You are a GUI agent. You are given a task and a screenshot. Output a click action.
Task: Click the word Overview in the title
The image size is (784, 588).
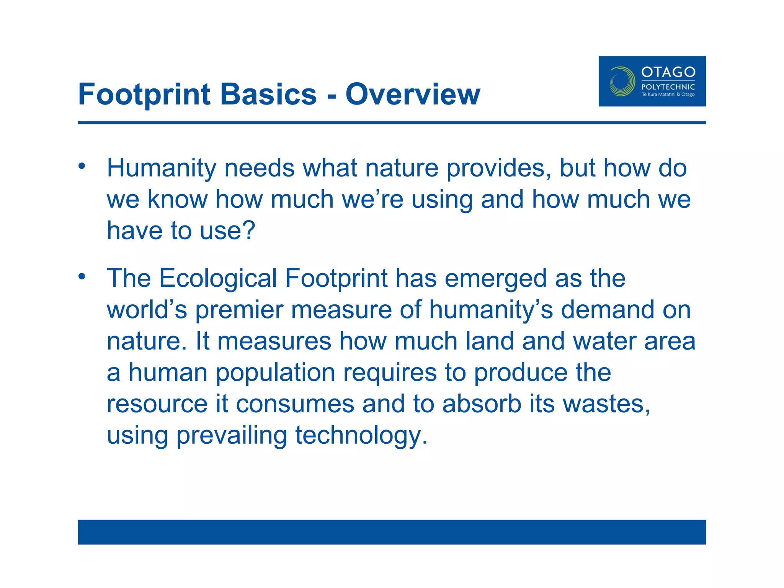(412, 94)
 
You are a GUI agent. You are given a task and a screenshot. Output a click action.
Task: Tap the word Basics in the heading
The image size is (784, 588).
(268, 94)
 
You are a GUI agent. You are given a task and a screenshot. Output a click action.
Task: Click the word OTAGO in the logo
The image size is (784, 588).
(668, 72)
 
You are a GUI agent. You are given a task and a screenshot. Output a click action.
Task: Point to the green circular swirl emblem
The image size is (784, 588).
(622, 81)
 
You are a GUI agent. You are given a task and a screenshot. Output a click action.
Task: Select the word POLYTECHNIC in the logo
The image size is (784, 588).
(668, 87)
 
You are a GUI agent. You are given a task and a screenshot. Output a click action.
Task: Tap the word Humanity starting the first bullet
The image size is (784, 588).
(162, 168)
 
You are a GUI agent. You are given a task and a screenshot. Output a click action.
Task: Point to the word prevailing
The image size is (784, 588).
(231, 436)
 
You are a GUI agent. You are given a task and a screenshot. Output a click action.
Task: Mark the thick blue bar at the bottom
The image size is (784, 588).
(392, 532)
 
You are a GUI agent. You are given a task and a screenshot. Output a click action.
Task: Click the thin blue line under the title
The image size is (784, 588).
(392, 122)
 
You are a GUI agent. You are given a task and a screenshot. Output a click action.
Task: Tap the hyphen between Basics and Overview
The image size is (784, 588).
(332, 96)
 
